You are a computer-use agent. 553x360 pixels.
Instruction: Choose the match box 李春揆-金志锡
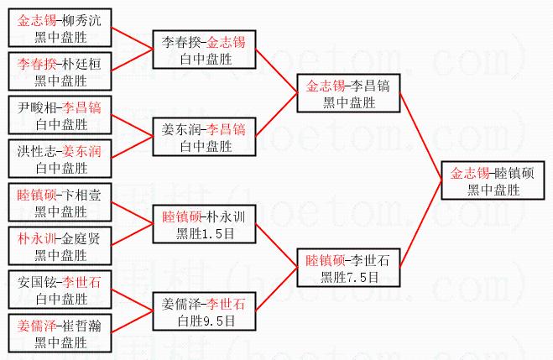(204, 49)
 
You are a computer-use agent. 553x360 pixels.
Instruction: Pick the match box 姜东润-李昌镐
(204, 137)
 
